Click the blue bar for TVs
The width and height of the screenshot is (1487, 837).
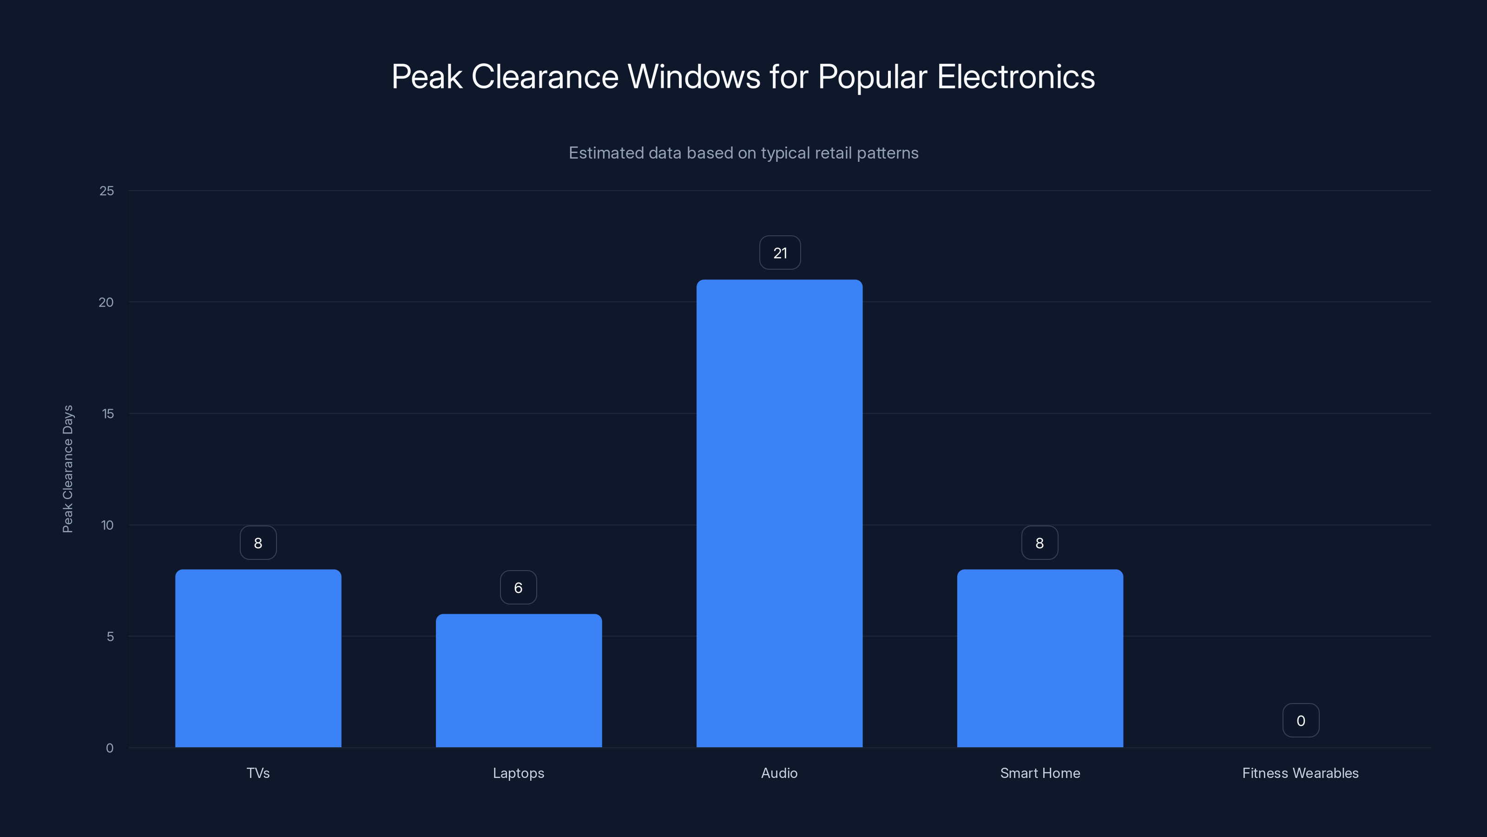click(258, 658)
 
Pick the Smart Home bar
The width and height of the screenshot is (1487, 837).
click(1040, 658)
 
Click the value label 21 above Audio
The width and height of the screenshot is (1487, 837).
click(780, 253)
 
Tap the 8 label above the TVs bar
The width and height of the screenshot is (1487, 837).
click(258, 543)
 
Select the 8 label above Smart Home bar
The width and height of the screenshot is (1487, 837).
click(1040, 543)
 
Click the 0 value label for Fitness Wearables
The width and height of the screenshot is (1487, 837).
click(1301, 720)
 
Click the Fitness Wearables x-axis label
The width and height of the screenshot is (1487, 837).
click(1300, 773)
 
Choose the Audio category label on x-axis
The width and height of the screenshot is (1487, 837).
click(779, 773)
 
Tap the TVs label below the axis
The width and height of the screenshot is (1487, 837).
click(258, 773)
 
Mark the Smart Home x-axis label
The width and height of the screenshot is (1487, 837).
click(1040, 773)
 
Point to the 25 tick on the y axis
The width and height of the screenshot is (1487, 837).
click(107, 191)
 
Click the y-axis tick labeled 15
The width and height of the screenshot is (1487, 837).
click(108, 413)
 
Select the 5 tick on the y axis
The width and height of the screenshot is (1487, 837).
click(110, 637)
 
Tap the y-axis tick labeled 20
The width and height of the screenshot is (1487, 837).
click(106, 302)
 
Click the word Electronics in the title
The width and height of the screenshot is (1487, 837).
click(1015, 77)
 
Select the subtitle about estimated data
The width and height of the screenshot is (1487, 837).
click(743, 153)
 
